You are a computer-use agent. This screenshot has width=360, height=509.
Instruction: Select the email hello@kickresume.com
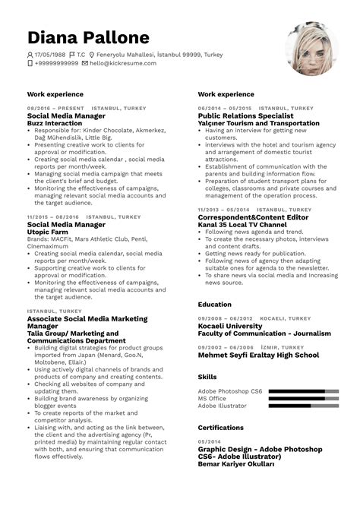tap(122, 63)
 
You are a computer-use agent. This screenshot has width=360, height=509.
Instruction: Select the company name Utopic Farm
tap(49, 232)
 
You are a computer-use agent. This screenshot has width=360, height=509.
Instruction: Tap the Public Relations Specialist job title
tap(248, 115)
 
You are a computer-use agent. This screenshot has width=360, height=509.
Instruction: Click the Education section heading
tap(215, 304)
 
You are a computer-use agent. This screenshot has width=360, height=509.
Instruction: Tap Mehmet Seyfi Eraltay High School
tap(258, 354)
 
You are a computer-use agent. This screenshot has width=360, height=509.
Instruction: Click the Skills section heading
tap(207, 377)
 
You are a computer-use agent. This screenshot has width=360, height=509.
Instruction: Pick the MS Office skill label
tap(213, 398)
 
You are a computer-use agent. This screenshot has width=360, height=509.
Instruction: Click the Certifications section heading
tap(220, 428)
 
